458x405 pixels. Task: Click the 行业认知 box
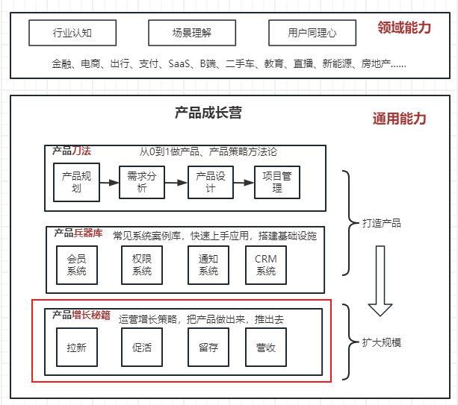click(x=73, y=33)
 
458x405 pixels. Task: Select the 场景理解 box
click(x=192, y=33)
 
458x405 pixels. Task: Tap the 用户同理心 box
click(x=312, y=33)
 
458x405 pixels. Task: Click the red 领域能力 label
click(x=404, y=28)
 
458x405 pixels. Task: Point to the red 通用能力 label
click(x=399, y=119)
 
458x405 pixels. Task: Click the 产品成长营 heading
click(x=208, y=113)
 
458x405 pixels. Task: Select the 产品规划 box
click(x=76, y=182)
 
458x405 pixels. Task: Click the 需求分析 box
click(x=141, y=182)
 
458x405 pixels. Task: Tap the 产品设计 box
click(x=210, y=182)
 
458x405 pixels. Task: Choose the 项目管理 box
click(x=277, y=182)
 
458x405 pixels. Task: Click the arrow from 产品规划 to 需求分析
click(x=109, y=182)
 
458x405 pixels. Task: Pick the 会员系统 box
click(x=76, y=265)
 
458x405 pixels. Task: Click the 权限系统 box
click(x=141, y=265)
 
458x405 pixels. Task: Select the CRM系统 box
click(x=266, y=265)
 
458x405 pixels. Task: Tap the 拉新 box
click(x=76, y=348)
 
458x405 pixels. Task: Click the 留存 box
click(x=208, y=348)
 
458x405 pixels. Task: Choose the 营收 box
click(x=266, y=348)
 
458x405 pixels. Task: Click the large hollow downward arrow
click(x=380, y=292)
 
